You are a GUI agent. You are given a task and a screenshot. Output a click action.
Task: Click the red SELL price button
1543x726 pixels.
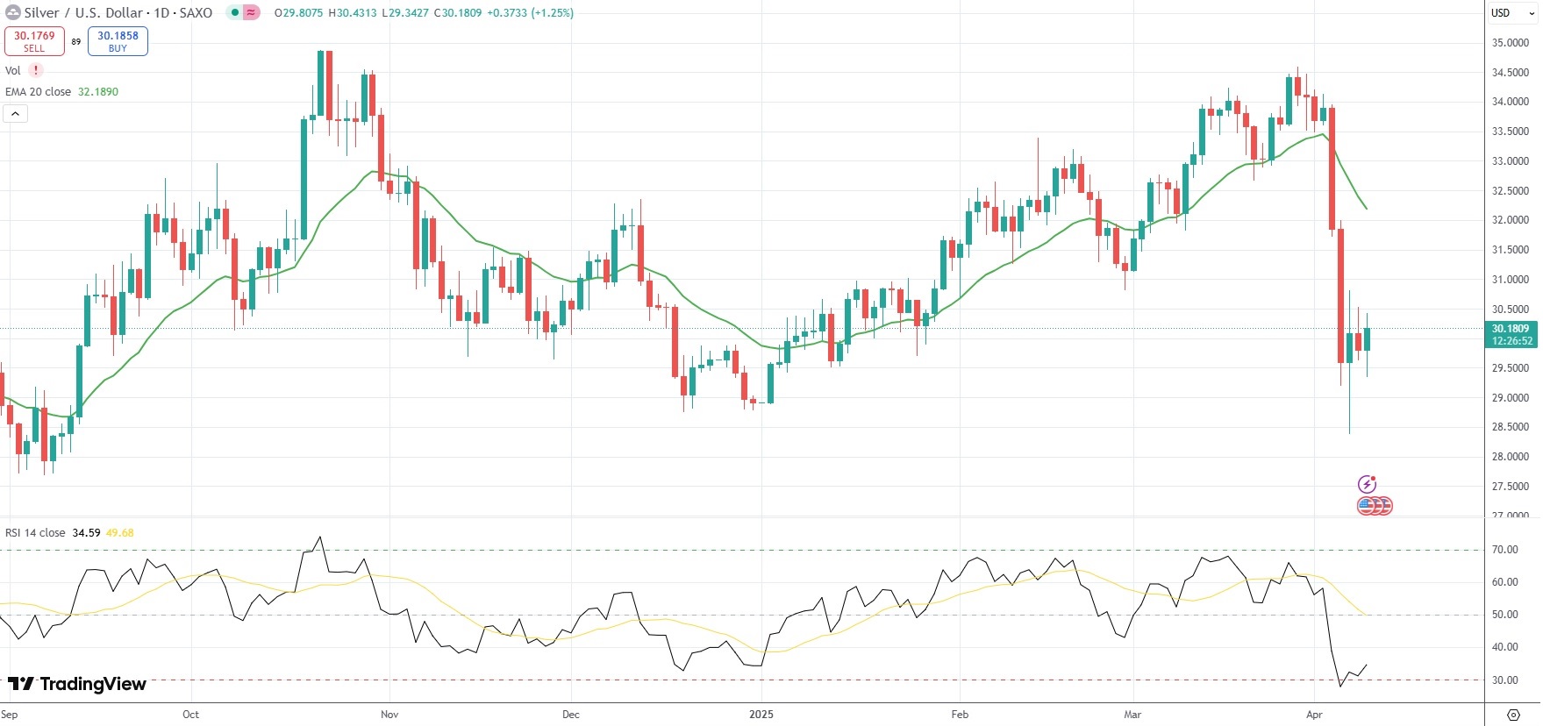(34, 41)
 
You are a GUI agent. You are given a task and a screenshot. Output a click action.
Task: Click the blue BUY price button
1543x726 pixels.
(118, 41)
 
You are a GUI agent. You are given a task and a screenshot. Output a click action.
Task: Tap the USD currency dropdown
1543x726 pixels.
(1512, 13)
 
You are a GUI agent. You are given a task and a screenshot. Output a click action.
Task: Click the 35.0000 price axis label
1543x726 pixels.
(1510, 43)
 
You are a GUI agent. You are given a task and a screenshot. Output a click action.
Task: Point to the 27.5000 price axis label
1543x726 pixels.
(1510, 487)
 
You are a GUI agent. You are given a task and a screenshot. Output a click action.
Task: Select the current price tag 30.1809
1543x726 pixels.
(1511, 329)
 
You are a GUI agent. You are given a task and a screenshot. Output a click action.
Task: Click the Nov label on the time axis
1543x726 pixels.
(389, 715)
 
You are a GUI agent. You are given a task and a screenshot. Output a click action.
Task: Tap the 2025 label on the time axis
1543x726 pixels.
(761, 715)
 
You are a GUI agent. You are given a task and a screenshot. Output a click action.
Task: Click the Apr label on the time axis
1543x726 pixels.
(1313, 715)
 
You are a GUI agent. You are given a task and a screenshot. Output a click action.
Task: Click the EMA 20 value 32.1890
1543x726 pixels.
(98, 92)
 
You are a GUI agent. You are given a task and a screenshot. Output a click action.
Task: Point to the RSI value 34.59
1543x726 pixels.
(86, 533)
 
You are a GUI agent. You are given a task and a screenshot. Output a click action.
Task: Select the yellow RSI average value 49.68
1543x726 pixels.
(120, 533)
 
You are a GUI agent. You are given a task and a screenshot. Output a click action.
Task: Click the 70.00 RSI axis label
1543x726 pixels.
(1504, 550)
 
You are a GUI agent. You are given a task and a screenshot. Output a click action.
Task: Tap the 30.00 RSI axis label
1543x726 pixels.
(1504, 680)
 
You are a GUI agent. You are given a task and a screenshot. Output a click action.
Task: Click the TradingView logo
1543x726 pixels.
(77, 684)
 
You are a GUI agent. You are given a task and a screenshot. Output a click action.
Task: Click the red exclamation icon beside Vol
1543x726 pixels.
(36, 70)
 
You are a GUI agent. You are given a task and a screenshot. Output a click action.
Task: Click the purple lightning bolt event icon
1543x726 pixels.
(1367, 484)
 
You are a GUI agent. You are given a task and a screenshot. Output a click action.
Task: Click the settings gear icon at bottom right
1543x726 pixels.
(1513, 715)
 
